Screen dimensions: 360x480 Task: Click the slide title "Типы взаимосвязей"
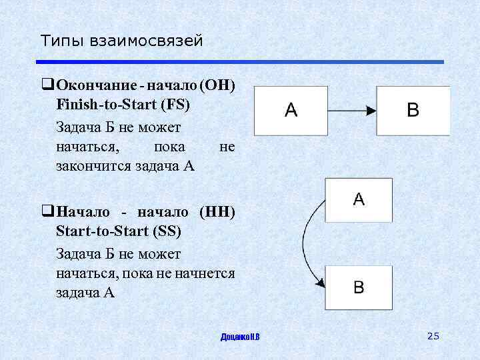click(x=121, y=41)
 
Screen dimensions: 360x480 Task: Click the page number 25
click(x=433, y=336)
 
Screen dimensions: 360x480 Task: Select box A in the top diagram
click(x=291, y=111)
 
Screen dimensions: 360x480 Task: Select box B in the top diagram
click(x=413, y=111)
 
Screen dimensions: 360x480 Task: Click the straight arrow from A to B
click(x=351, y=110)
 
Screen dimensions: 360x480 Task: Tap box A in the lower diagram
click(x=359, y=200)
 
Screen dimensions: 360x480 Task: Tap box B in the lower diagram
click(x=359, y=287)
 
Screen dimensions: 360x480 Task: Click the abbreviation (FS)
click(x=174, y=105)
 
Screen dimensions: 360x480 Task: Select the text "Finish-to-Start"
click(x=107, y=105)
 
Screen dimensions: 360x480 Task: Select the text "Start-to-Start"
click(x=102, y=231)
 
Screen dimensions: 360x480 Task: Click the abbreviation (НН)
click(x=217, y=213)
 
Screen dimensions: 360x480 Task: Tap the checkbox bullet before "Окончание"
click(x=47, y=85)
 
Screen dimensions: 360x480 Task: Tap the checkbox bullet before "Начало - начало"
click(x=47, y=213)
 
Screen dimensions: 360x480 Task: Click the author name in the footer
click(x=240, y=337)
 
